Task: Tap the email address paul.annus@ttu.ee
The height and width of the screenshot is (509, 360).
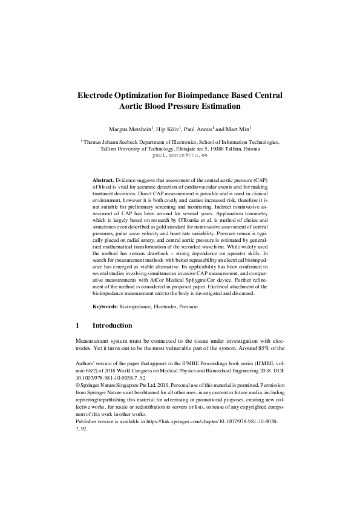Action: pyautogui.click(x=180, y=155)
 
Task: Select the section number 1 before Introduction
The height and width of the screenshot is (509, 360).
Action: pyautogui.click(x=77, y=325)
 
